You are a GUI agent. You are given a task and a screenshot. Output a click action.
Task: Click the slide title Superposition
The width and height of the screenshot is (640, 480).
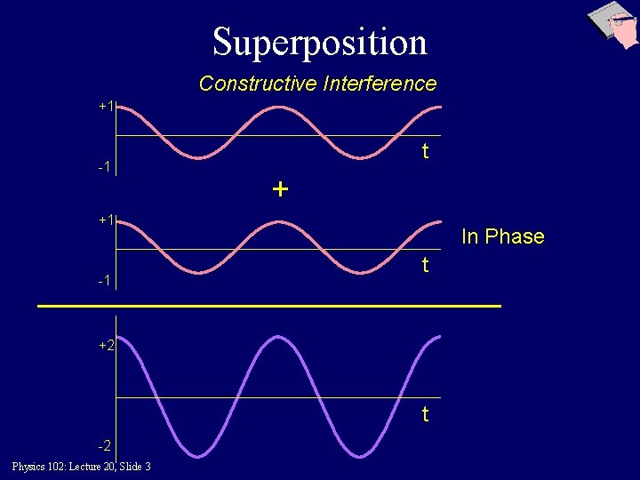pos(320,41)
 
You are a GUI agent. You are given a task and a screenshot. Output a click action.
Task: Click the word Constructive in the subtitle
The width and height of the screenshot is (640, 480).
pos(258,84)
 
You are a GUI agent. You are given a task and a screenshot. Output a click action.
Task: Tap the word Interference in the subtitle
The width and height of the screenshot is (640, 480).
pos(380,84)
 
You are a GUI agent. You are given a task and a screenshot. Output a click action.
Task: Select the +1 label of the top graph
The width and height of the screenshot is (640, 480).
pos(107,106)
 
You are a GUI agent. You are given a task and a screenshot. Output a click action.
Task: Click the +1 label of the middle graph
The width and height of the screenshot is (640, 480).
pos(107,219)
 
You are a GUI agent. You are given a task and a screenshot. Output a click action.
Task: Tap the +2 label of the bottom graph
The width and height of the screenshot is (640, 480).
pos(107,345)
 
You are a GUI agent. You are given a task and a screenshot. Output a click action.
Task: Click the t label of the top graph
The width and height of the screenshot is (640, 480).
pos(425,151)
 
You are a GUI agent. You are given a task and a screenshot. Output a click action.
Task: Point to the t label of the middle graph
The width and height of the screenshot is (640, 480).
pos(425,265)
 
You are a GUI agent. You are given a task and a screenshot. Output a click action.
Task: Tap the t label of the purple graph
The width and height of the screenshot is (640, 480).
pos(425,414)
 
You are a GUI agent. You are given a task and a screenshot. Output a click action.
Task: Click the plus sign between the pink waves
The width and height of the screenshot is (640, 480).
pos(281,189)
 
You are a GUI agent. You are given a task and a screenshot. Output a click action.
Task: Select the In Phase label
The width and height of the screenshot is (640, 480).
pos(502,236)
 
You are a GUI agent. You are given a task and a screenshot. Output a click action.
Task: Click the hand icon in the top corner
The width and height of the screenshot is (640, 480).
pos(615,24)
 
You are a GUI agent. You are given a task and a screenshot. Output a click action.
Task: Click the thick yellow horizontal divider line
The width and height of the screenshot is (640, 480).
pos(269,306)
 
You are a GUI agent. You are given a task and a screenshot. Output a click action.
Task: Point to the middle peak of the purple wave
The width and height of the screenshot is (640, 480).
pos(280,337)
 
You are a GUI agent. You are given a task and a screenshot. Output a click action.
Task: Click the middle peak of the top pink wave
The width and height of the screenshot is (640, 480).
pos(280,108)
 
